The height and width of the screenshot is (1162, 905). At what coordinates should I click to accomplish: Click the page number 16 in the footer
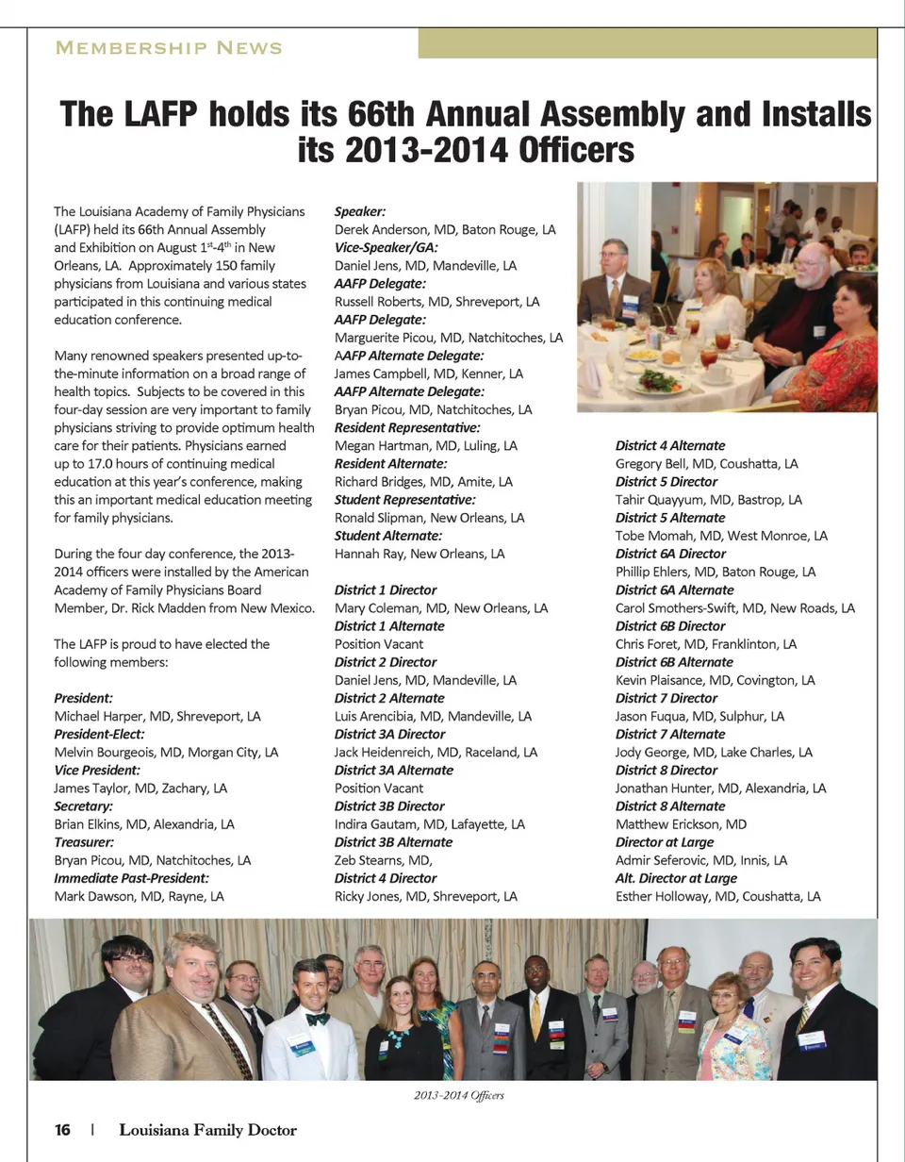pos(63,1130)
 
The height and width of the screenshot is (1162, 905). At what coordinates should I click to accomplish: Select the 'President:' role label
pos(84,698)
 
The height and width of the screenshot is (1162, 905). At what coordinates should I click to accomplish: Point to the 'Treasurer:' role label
pos(85,842)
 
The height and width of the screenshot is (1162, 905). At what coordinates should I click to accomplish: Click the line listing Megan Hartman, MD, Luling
pos(425,445)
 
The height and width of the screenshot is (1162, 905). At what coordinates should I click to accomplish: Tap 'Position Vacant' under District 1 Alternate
pos(379,644)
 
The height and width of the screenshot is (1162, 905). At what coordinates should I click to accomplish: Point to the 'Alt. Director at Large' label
pos(676,878)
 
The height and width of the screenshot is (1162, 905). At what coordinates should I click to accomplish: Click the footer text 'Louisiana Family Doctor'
pos(207,1130)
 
